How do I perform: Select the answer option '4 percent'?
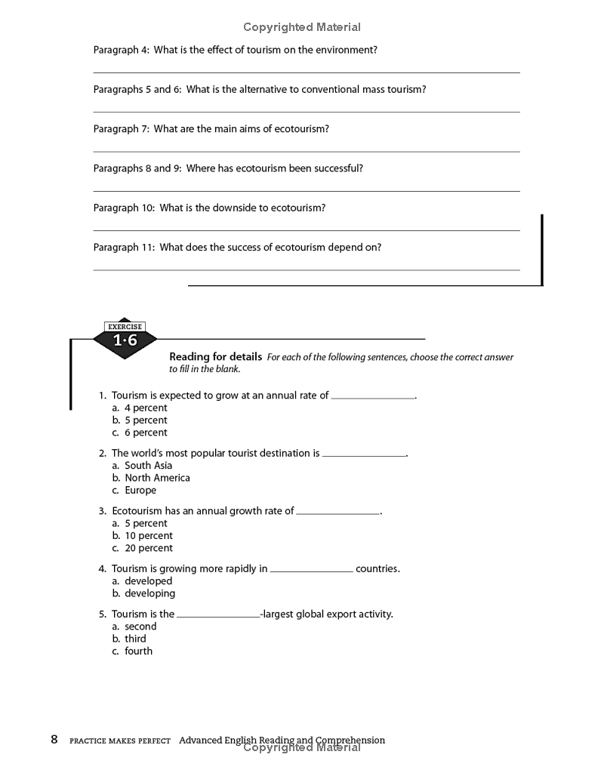click(x=140, y=408)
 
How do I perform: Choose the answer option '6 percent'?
click(x=140, y=433)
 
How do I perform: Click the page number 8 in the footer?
click(x=54, y=740)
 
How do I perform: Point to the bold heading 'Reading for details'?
click(x=215, y=357)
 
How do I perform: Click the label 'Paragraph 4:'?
click(x=121, y=50)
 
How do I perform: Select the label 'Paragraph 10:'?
click(x=124, y=208)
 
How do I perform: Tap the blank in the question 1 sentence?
click(x=373, y=396)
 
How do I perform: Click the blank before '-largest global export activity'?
click(x=217, y=614)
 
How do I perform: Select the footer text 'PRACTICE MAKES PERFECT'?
click(x=120, y=741)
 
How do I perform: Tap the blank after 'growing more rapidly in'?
click(x=311, y=569)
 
